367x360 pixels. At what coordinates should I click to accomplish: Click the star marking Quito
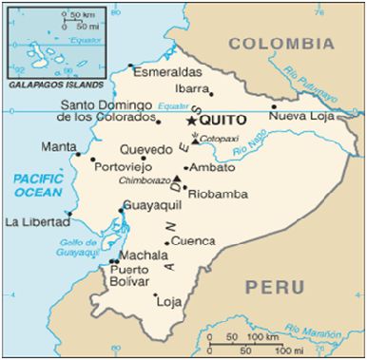click(x=193, y=121)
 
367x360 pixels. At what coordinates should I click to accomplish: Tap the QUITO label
click(x=222, y=121)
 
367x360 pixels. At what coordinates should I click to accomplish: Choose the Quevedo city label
click(x=146, y=148)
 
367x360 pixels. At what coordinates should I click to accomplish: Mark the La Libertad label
click(x=36, y=221)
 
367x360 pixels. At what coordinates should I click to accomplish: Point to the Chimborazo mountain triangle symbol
click(x=177, y=179)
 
